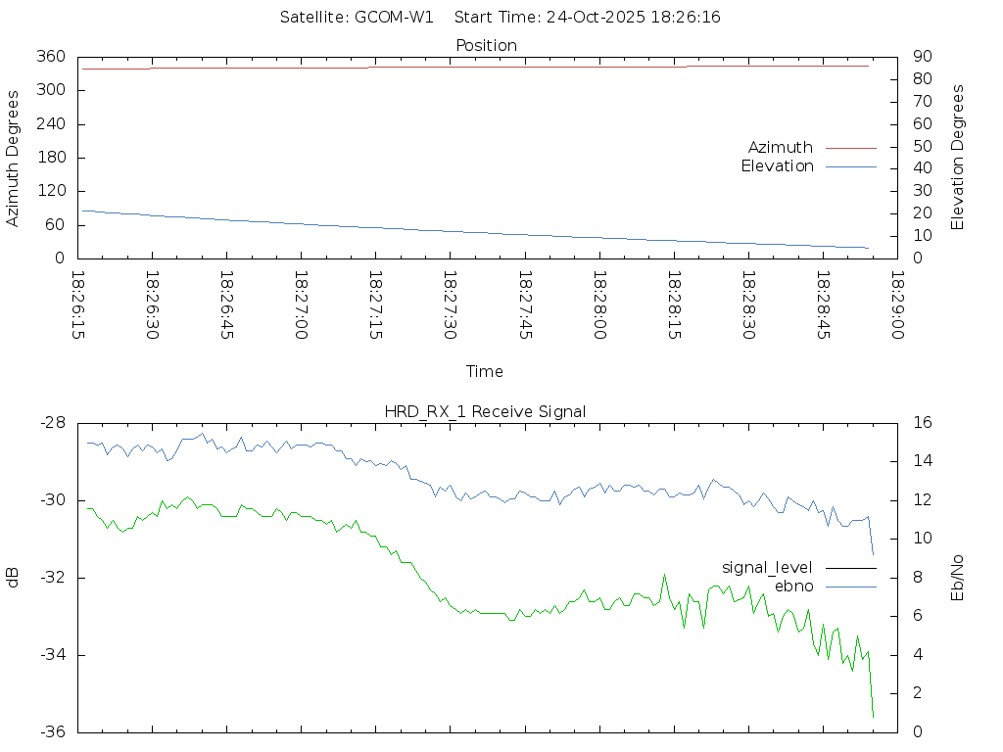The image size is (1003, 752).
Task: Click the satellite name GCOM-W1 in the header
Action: [394, 18]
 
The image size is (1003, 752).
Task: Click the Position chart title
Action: [486, 45]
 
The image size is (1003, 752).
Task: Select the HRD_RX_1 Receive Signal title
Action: [485, 411]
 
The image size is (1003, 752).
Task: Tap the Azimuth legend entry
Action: [781, 147]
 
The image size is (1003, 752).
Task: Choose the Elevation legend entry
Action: [778, 166]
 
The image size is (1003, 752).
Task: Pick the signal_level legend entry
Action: [767, 567]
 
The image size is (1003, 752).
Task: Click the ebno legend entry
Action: [794, 586]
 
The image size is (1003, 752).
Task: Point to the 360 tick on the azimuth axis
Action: [52, 57]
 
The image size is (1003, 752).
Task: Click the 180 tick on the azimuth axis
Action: [52, 158]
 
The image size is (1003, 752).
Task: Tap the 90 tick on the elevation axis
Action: [920, 57]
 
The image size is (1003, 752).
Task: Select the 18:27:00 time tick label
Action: [301, 305]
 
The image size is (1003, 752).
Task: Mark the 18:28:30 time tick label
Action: [747, 305]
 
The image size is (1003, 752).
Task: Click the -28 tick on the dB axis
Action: [52, 423]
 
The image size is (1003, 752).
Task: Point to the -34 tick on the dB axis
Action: [52, 655]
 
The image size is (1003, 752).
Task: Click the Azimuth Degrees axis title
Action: [14, 158]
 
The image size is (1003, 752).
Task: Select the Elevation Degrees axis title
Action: [958, 158]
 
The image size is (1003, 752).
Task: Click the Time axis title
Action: [485, 371]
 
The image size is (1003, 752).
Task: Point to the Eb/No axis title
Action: [958, 577]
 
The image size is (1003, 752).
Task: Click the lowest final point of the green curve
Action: [873, 717]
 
